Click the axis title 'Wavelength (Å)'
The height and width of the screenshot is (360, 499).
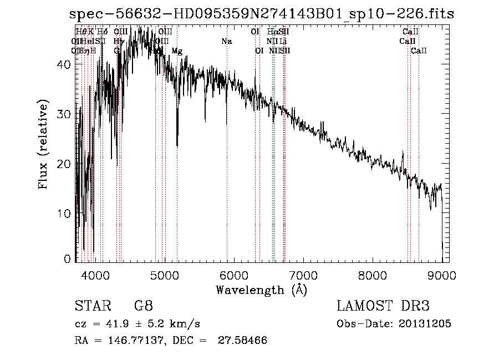[261, 289]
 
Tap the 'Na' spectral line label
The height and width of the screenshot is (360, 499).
[226, 42]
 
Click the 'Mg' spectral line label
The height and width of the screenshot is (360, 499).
[176, 51]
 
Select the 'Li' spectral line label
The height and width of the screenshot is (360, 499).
[283, 42]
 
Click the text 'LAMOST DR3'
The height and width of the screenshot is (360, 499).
[383, 306]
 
